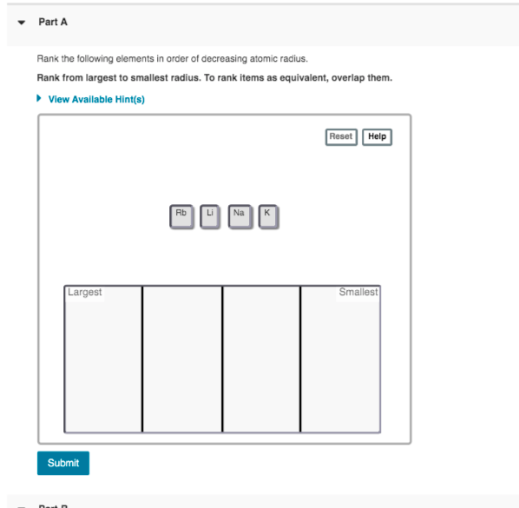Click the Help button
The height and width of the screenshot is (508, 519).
coord(377,136)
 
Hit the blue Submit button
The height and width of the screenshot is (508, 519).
coord(63,463)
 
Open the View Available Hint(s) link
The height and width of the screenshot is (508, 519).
coord(96,99)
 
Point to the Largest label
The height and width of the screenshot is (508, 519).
coord(85,293)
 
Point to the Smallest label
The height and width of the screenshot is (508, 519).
coord(358,293)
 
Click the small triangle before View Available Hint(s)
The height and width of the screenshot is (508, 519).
coord(40,99)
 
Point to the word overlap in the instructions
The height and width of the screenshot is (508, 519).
coord(358,78)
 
